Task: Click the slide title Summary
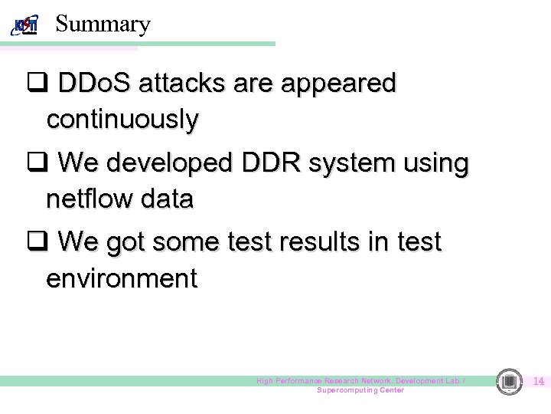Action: (103, 24)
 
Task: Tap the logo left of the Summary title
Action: (25, 25)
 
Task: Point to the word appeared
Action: (338, 84)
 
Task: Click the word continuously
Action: (122, 120)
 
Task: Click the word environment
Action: (122, 278)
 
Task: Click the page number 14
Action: (538, 381)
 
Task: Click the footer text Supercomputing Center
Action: (360, 390)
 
